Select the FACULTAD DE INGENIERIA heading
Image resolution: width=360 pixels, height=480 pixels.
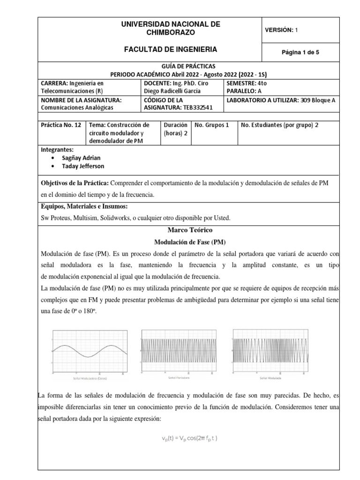click(x=170, y=49)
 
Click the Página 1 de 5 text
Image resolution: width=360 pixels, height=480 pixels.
click(x=300, y=52)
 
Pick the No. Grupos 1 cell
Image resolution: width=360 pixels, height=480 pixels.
click(x=211, y=125)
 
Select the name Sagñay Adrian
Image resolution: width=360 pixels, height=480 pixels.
click(x=81, y=158)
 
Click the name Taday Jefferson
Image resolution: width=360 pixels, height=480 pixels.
click(x=83, y=166)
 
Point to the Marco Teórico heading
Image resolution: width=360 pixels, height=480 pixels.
click(x=190, y=230)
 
